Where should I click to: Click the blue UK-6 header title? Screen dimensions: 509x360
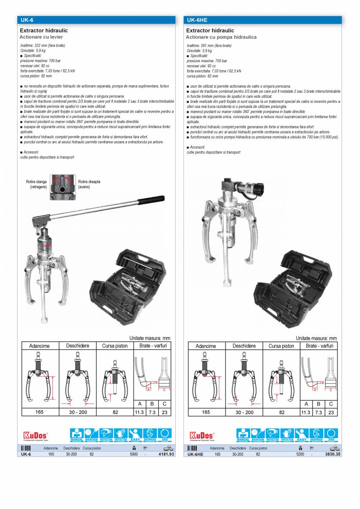point(27,20)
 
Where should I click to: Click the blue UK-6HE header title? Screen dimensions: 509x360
point(197,20)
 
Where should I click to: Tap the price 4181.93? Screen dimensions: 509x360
point(166,454)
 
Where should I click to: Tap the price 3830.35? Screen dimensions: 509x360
point(333,454)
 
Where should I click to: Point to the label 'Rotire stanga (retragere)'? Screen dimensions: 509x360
point(37,184)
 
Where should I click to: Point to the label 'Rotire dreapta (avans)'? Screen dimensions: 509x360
point(89,184)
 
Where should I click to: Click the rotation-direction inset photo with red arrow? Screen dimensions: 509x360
point(63,187)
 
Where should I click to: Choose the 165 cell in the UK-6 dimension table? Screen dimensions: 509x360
point(40,412)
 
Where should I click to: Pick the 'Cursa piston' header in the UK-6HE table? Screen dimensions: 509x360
point(281,346)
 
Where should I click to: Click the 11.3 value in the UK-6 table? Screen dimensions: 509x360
point(139,412)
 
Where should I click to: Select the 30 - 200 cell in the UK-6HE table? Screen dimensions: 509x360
point(244,412)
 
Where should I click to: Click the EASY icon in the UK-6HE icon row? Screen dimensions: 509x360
point(301,435)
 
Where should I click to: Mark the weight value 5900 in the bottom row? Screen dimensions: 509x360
point(133,454)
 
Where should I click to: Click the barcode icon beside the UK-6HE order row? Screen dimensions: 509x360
point(192,448)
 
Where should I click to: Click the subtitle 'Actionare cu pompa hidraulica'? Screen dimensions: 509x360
point(221,37)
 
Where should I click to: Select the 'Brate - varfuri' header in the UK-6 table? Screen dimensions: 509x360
point(152,346)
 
